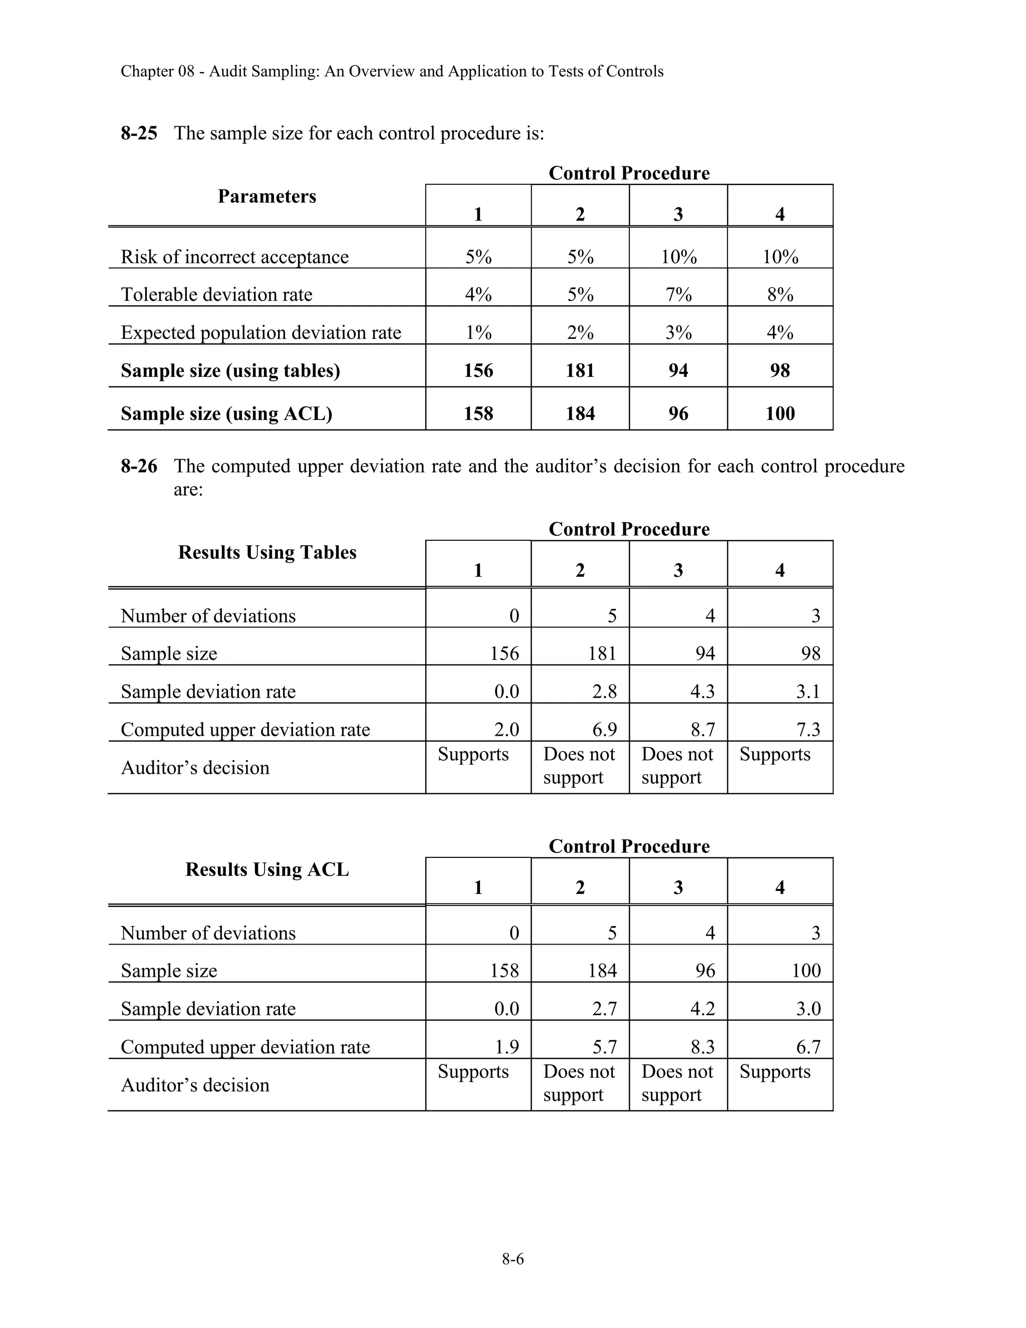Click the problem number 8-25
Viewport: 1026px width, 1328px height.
tap(139, 133)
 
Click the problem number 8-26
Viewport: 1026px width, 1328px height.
tap(139, 467)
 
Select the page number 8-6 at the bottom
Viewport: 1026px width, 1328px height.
tap(512, 1259)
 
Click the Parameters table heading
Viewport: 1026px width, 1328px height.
tap(267, 196)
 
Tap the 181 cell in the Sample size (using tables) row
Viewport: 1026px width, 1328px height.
tap(580, 371)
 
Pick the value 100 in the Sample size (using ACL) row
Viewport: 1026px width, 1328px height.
tap(780, 413)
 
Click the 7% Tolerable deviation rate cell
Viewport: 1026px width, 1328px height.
tap(678, 295)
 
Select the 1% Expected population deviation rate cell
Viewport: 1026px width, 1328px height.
tap(478, 333)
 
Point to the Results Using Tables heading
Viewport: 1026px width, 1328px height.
tap(267, 552)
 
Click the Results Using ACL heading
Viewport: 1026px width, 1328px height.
tap(267, 869)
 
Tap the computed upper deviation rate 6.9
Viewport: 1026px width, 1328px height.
tap(604, 729)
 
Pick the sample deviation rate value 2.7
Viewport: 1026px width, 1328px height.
tap(604, 1009)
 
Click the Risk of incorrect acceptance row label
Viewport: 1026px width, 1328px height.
tap(234, 257)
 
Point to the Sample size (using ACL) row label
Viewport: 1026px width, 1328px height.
tap(226, 413)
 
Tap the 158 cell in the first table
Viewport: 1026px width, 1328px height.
tap(478, 413)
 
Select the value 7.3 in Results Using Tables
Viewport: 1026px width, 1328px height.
tap(808, 729)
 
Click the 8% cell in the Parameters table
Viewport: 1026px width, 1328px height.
tap(780, 295)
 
